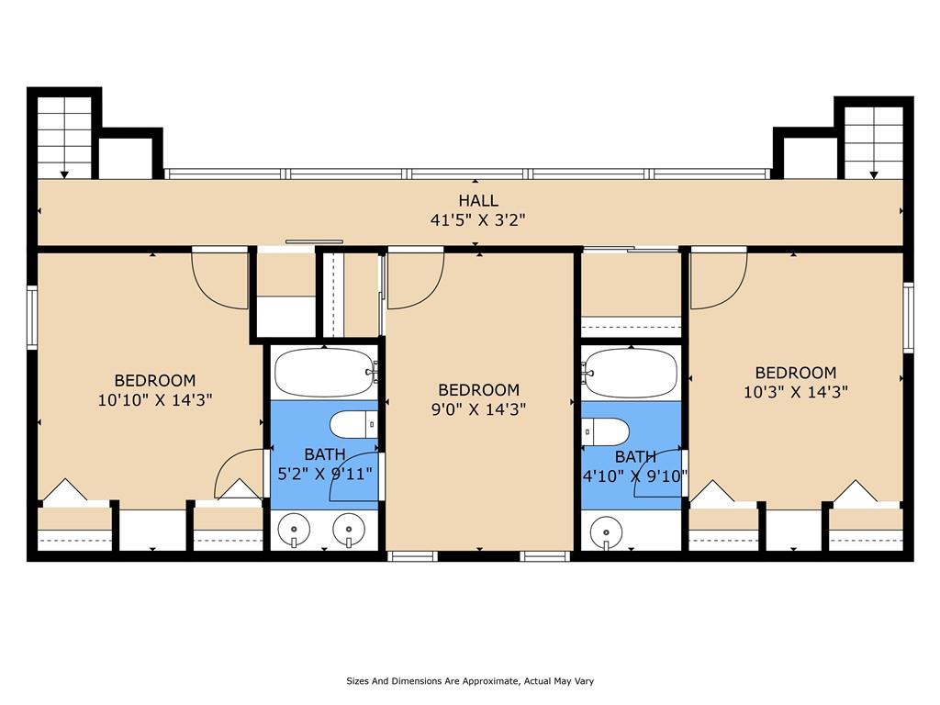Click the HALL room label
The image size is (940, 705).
[x=478, y=200]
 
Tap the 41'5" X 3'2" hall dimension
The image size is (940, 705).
[x=477, y=220]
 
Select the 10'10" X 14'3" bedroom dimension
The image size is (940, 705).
[x=155, y=400]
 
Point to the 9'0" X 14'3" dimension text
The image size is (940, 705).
[x=479, y=409]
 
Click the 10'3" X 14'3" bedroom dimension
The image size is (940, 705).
[x=796, y=392]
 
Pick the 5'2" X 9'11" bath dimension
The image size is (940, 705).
[x=325, y=474]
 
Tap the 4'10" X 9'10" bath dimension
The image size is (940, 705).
[x=635, y=476]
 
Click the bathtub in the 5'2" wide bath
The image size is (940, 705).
[x=324, y=373]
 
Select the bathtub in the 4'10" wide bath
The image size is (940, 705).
[x=632, y=373]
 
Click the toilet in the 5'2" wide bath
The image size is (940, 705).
[x=353, y=425]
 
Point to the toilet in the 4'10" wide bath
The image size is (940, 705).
[x=606, y=431]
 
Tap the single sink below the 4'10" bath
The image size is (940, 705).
[x=606, y=532]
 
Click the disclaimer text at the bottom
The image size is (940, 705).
[x=470, y=681]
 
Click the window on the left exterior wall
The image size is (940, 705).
[x=32, y=317]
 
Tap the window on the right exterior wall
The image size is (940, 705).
[x=908, y=317]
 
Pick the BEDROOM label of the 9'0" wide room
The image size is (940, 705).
[x=479, y=390]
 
